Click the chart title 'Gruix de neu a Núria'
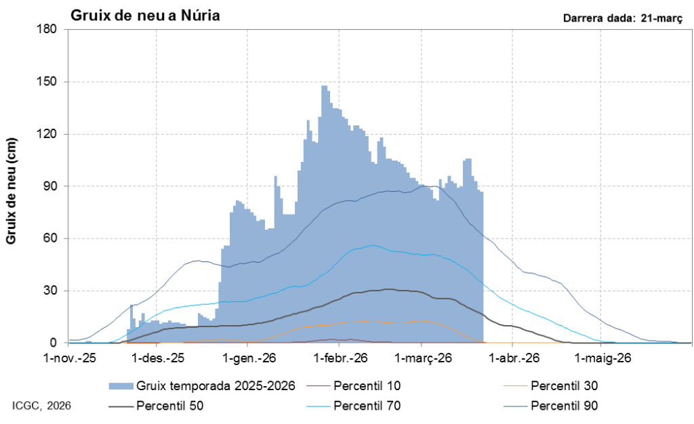click(144, 15)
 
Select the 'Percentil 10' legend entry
click(367, 386)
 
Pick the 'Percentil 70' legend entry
click(367, 406)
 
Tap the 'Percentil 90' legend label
click(564, 406)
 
